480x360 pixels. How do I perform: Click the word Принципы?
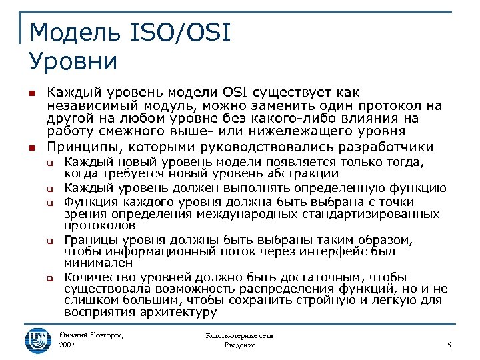[85, 147]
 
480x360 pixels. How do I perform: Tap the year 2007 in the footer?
[67, 345]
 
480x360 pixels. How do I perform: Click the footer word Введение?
[240, 345]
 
